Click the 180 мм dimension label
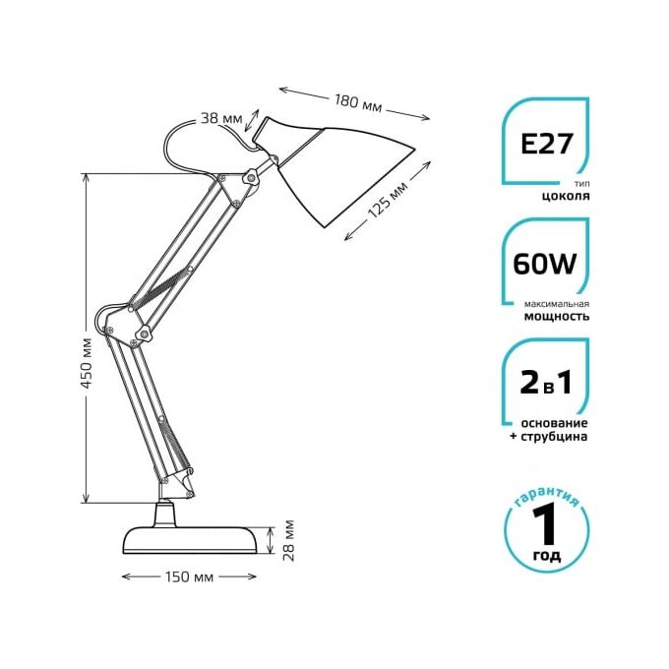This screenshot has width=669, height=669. point(357,103)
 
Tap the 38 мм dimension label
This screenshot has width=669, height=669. point(221,118)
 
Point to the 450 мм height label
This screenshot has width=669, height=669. point(87,363)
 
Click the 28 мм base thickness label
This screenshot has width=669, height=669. point(289,540)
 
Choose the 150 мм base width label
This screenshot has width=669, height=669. point(189,577)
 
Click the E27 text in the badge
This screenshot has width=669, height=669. point(546,144)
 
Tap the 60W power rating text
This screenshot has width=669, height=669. point(545,264)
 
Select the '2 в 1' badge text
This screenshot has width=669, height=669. point(546,383)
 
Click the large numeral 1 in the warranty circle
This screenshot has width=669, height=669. point(546,523)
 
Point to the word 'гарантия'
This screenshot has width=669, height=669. point(547,496)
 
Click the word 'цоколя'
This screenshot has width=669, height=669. point(566,196)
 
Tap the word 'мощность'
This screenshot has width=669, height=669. point(557,316)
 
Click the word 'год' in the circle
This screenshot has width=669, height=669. point(547,556)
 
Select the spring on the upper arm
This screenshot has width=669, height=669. point(161,286)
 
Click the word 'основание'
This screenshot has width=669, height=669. point(554,423)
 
